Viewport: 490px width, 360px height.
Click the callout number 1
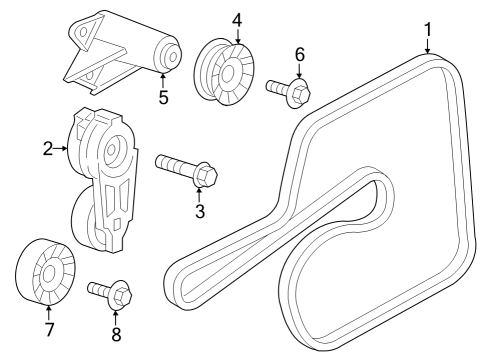[x=427, y=31]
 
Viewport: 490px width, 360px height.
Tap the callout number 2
[x=47, y=149]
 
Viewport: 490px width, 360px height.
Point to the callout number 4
[x=237, y=19]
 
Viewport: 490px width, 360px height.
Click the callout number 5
[x=163, y=97]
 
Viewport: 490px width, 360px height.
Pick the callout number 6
[x=299, y=54]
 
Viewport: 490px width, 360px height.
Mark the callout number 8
[x=116, y=335]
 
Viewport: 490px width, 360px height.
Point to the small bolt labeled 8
[x=109, y=294]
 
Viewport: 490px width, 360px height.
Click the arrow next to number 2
[x=62, y=149]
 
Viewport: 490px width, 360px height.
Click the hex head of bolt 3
[x=204, y=176]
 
